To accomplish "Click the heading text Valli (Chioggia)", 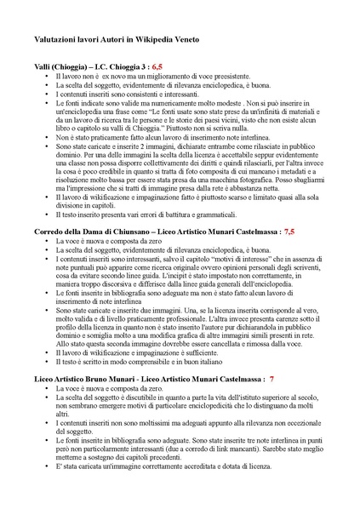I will point(62,66).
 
